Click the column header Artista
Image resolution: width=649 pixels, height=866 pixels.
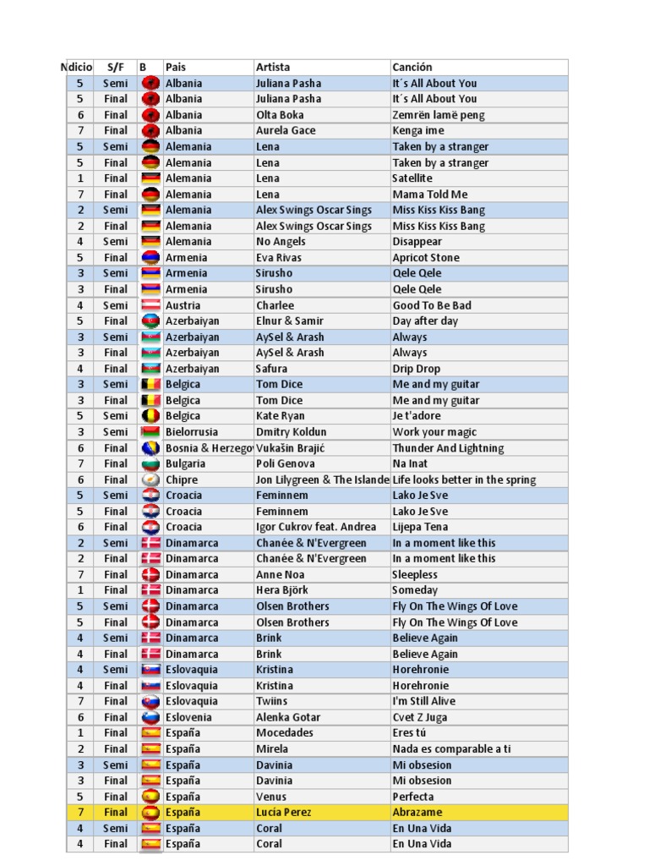point(273,67)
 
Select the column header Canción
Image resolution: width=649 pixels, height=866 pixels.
point(412,67)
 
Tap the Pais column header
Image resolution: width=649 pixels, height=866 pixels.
point(176,67)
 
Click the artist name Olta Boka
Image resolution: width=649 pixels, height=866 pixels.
point(280,115)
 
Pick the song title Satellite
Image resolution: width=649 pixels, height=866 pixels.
point(412,178)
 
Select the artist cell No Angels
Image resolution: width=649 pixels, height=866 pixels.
point(281,242)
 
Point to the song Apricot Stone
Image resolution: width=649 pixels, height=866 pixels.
point(426,258)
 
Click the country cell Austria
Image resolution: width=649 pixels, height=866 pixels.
point(183,305)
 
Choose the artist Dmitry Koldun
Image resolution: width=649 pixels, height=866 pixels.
point(291,432)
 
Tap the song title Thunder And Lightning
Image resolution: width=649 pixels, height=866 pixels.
point(448,448)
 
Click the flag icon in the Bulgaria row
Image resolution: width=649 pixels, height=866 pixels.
point(150,463)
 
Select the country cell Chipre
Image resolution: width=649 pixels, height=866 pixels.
point(182,480)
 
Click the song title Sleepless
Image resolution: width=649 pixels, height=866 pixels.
point(415,574)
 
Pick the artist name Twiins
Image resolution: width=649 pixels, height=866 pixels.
point(271,701)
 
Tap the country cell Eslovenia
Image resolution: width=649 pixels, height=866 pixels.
point(189,717)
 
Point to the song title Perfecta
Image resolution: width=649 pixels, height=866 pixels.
point(413,797)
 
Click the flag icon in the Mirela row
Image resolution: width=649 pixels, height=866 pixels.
point(150,748)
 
